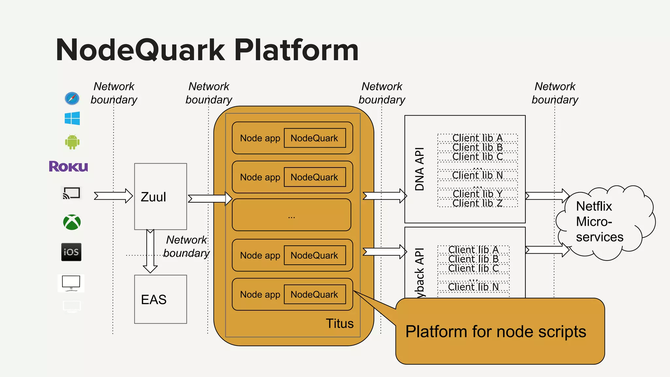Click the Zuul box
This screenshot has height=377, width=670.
(160, 196)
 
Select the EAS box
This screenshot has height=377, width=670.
(160, 299)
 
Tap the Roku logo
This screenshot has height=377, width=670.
(68, 166)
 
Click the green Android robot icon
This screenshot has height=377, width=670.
(72, 142)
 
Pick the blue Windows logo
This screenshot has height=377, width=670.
(72, 118)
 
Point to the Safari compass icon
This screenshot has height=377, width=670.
(72, 98)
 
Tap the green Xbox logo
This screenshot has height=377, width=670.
(72, 222)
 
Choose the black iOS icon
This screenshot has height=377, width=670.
(71, 252)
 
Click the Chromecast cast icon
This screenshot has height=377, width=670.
(71, 193)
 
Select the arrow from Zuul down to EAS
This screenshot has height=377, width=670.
(150, 251)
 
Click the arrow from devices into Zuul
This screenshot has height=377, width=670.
(113, 196)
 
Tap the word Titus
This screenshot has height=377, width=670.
(340, 323)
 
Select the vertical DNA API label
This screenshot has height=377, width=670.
(419, 169)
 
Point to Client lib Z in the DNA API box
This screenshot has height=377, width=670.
(477, 203)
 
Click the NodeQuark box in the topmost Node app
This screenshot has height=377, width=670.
(314, 138)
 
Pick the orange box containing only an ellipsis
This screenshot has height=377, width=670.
(291, 215)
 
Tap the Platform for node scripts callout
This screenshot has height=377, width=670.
(500, 331)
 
